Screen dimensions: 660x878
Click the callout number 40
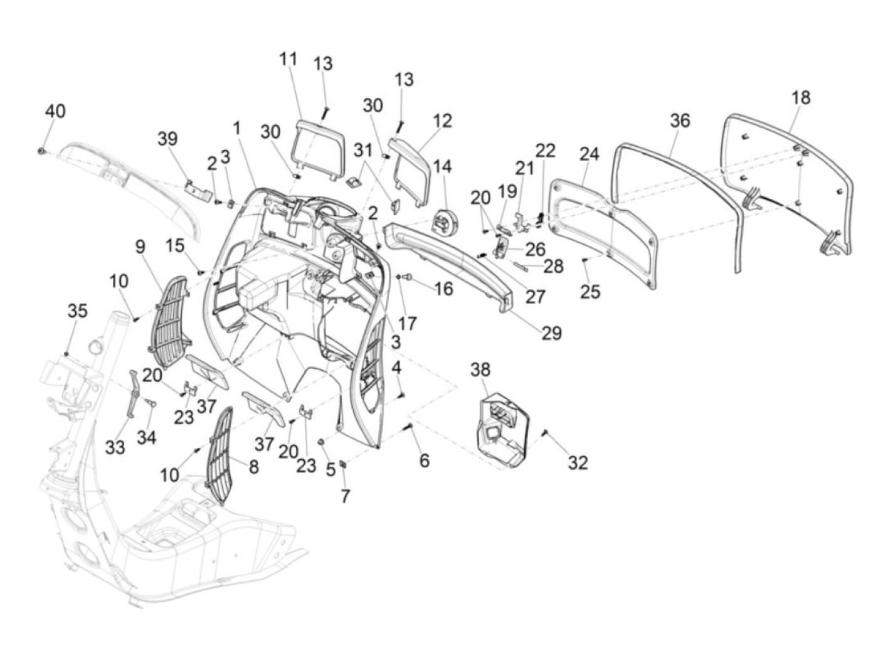coord(55,111)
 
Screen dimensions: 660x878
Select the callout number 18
coord(801,97)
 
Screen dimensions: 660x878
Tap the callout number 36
coord(680,120)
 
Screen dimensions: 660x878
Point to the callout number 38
coord(481,370)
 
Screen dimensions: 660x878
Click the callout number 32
coord(578,462)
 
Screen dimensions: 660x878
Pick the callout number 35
coord(78,311)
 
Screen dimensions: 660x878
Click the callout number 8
coord(254,466)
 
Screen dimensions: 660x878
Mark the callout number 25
coord(590,292)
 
